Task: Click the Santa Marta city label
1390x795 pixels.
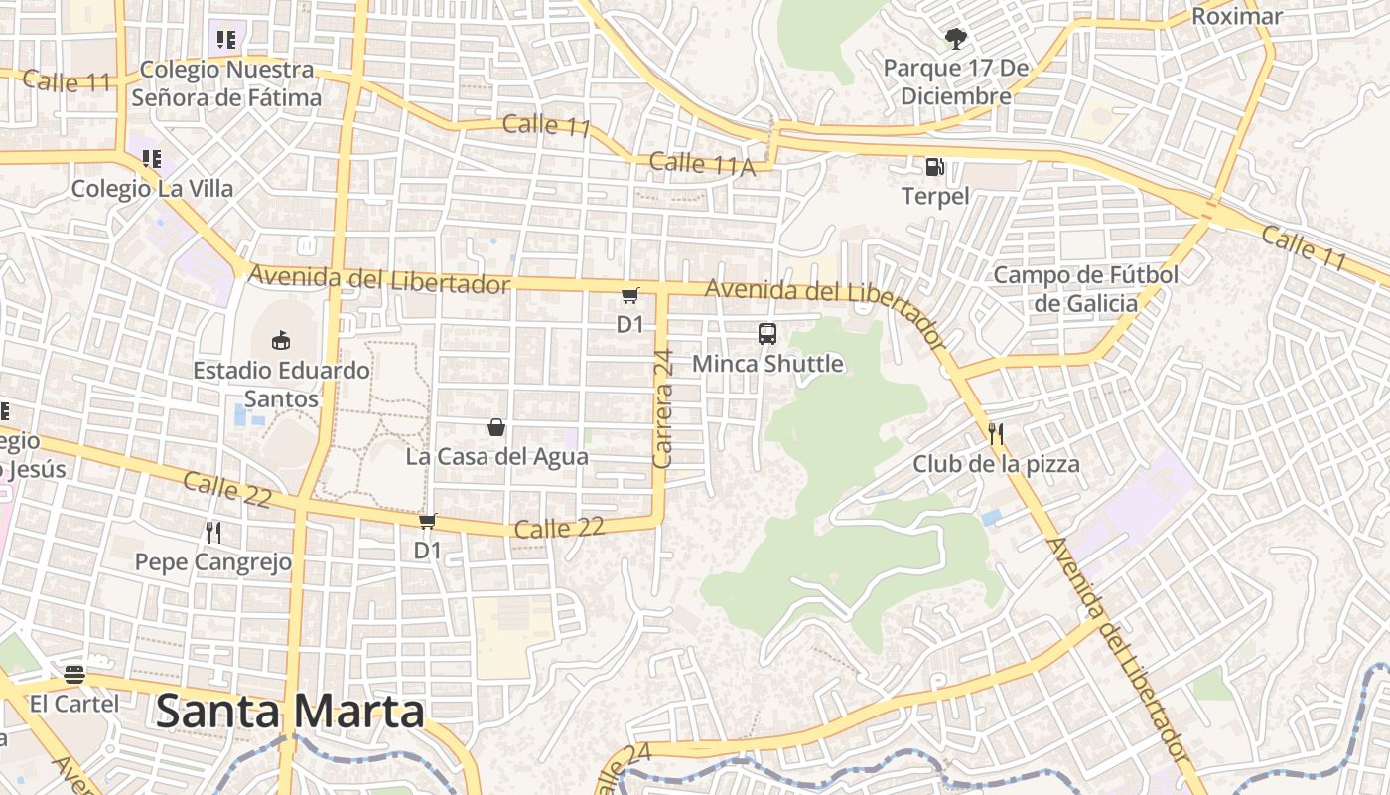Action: (x=291, y=712)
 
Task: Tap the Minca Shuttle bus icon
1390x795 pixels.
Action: (x=767, y=334)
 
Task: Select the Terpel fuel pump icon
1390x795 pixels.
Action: (x=934, y=167)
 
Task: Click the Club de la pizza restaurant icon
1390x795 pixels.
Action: (x=996, y=433)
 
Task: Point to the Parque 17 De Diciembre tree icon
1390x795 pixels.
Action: (x=955, y=39)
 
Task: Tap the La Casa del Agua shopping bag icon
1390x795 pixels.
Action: (x=496, y=427)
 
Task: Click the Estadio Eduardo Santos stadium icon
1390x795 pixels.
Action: (x=281, y=340)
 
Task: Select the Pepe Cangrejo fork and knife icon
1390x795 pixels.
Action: (x=213, y=533)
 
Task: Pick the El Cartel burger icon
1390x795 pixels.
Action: (x=73, y=675)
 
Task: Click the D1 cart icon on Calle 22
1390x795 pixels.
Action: (x=428, y=521)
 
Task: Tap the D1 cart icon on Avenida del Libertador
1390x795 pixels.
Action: (x=629, y=295)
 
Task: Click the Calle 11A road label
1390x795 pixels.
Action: (x=702, y=164)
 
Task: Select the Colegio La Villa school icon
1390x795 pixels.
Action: (x=152, y=159)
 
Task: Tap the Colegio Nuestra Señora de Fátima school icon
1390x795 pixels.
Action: (x=226, y=40)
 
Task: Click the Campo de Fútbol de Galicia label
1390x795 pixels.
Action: (x=1086, y=288)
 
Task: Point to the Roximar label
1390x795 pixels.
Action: (x=1236, y=16)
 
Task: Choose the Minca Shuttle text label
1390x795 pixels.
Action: (x=767, y=364)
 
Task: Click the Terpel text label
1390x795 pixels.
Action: (x=935, y=196)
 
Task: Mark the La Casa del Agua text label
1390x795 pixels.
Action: (x=496, y=457)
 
